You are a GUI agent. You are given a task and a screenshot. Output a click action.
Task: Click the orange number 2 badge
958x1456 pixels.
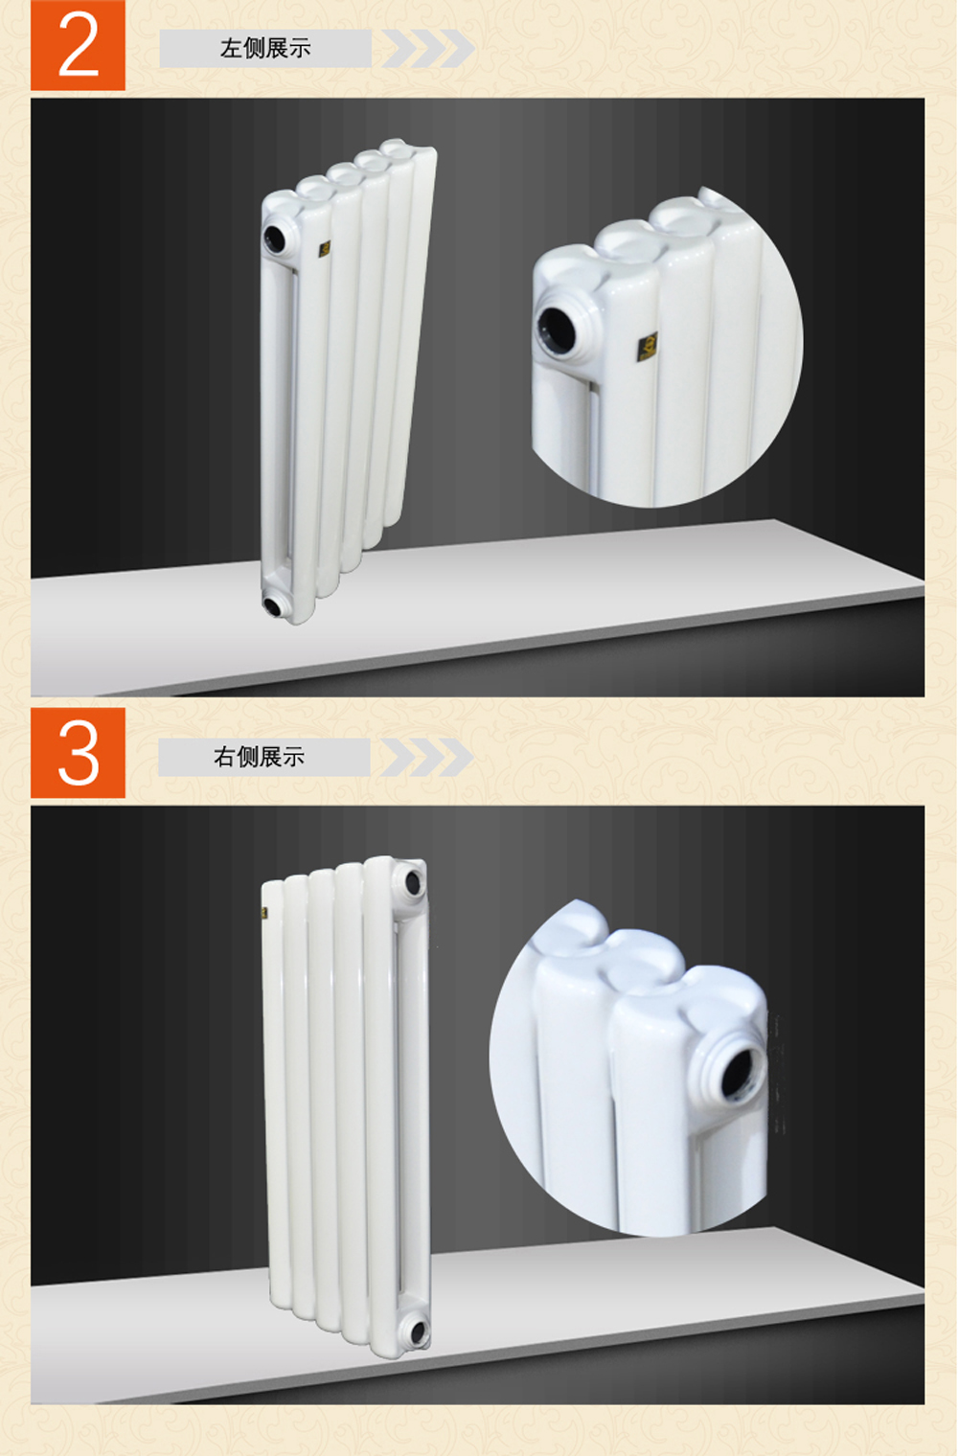[x=78, y=45]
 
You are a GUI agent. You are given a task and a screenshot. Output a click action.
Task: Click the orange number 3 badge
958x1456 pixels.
[x=78, y=753]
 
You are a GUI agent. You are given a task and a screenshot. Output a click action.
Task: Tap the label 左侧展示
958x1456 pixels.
[x=265, y=48]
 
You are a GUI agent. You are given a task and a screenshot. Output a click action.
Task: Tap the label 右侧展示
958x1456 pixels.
[x=259, y=757]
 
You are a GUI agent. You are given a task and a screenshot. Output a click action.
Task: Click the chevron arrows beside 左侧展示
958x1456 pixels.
[x=428, y=48]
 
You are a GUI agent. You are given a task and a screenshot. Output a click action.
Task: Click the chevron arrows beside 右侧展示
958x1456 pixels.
[x=427, y=757]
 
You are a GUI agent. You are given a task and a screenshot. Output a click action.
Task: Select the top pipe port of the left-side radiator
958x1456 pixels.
[x=276, y=238]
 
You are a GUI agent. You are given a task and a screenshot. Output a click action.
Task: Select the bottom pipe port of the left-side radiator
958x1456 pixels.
[x=274, y=605]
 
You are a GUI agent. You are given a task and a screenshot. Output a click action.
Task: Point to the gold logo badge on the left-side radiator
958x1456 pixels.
[x=325, y=248]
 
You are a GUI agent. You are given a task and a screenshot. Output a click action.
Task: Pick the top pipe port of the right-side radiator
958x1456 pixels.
[x=413, y=883]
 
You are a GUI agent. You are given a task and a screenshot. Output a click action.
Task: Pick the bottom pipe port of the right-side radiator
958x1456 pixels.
[x=418, y=1331]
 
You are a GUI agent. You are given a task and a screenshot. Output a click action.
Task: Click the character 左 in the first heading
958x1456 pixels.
[x=231, y=48]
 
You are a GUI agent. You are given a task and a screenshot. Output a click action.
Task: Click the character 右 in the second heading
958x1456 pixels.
[x=224, y=757]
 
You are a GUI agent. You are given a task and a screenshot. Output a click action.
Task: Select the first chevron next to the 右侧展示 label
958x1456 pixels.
[x=398, y=757]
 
